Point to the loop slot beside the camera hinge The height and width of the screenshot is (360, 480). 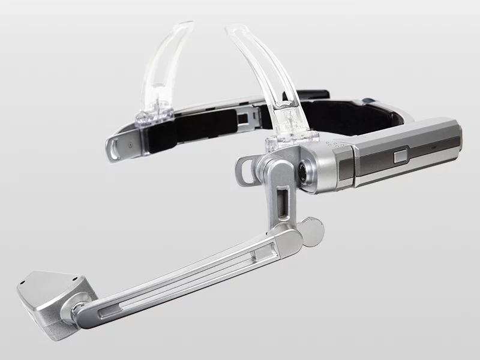click(x=245, y=170)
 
